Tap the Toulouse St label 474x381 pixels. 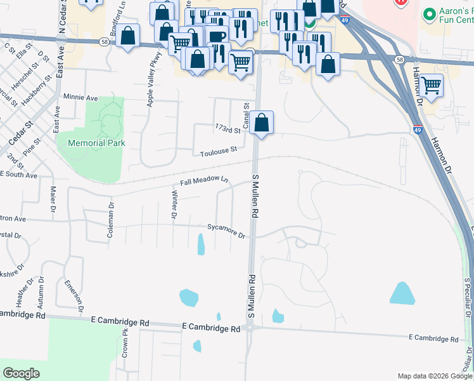[218, 151]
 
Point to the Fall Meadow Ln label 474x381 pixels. [203, 181]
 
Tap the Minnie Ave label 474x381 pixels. [80, 98]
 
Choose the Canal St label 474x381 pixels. [246, 115]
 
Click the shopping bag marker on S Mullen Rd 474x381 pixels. [261, 121]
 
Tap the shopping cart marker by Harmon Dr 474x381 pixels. [431, 84]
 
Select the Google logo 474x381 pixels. [21, 373]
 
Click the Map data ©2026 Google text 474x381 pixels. [434, 376]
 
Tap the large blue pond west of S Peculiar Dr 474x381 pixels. [402, 293]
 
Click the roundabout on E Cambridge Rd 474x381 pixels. [251, 328]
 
